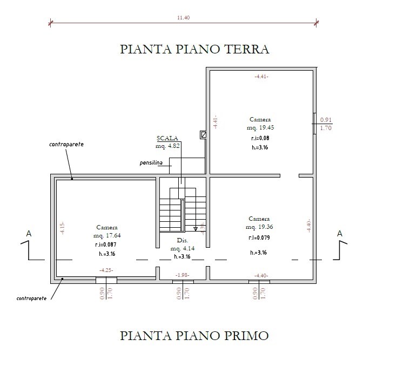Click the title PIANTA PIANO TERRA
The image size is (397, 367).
click(x=194, y=50)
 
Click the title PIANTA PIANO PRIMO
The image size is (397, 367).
click(x=194, y=336)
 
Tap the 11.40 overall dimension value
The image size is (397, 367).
click(x=184, y=17)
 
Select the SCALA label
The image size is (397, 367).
click(x=167, y=139)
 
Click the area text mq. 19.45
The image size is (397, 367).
click(x=260, y=128)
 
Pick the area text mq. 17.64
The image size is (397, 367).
click(x=106, y=235)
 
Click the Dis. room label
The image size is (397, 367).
click(x=182, y=240)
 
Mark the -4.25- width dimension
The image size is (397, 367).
click(x=106, y=270)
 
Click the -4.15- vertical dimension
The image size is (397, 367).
click(x=63, y=228)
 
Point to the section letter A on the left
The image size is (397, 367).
click(x=29, y=234)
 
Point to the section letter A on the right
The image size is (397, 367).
click(x=339, y=234)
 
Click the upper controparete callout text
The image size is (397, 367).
click(x=66, y=145)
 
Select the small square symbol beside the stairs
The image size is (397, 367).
click(x=203, y=135)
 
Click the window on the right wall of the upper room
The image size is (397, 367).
click(x=314, y=124)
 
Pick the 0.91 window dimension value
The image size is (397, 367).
click(x=326, y=120)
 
